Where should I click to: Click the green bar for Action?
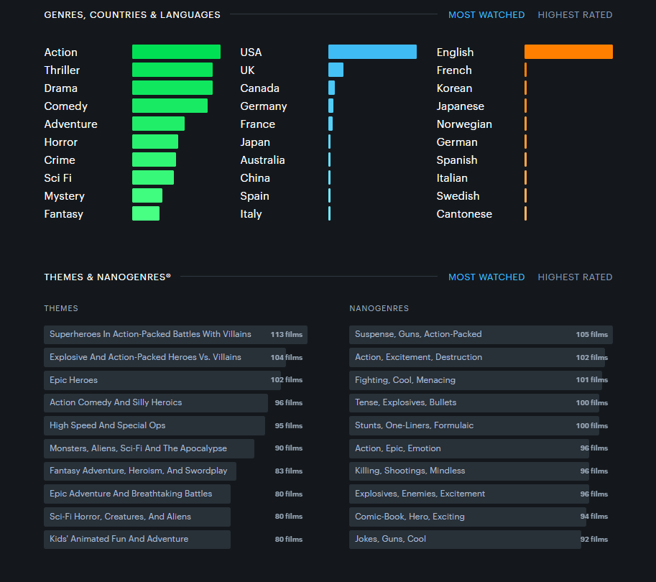[176, 52]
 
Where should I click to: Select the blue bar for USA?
[372, 52]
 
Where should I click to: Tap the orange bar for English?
[568, 52]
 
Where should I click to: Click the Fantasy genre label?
[64, 214]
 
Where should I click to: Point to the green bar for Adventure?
[158, 124]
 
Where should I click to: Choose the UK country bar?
[336, 70]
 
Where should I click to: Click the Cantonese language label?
[464, 214]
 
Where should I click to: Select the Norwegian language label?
[464, 124]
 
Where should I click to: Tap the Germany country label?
[264, 106]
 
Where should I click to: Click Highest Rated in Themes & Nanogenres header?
[575, 277]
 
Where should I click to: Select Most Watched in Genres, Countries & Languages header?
[486, 15]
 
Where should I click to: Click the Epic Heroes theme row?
[73, 380]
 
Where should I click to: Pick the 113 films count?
[287, 334]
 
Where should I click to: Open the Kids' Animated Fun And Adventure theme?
[119, 539]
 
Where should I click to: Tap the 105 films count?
[591, 334]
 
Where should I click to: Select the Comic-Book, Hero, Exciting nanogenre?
[410, 517]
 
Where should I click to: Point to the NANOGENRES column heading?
[379, 308]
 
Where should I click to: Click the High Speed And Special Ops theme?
[107, 425]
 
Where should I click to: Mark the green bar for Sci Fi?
[153, 177]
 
